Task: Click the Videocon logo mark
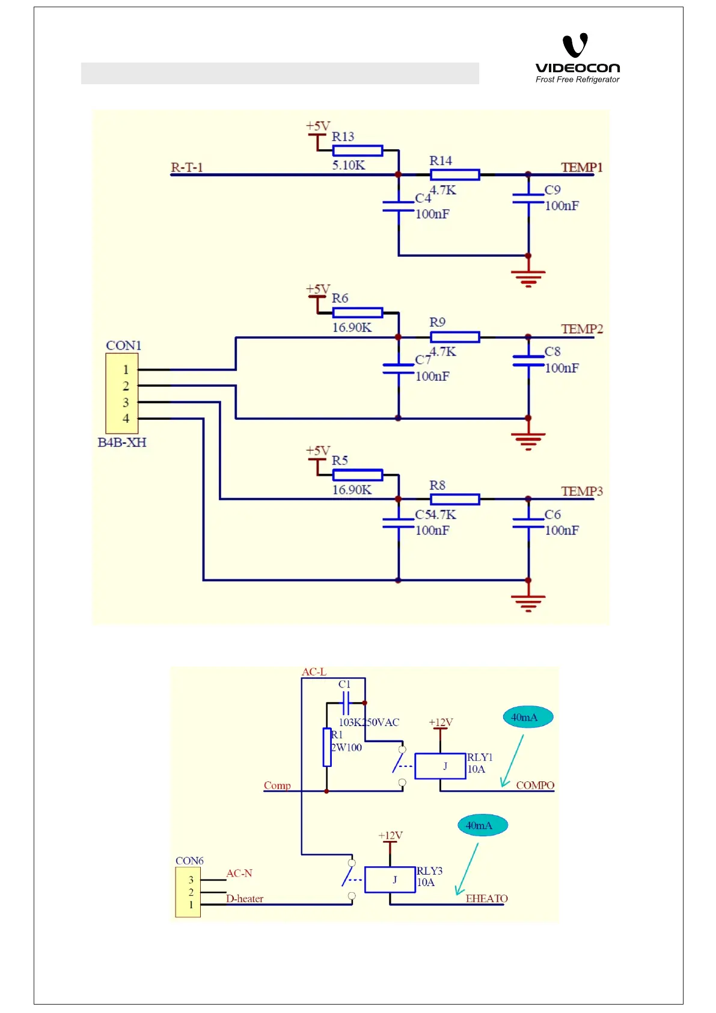(575, 46)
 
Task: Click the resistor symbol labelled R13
(357, 150)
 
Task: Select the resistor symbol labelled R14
(454, 175)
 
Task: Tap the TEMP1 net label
(581, 167)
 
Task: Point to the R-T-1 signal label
(186, 167)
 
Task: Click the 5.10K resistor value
(348, 165)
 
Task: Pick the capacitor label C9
(552, 190)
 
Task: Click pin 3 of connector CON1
(126, 402)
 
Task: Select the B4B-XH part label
(122, 443)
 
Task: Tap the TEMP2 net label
(581, 329)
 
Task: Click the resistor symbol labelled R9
(454, 337)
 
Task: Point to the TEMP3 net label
(581, 491)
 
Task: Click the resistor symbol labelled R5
(357, 475)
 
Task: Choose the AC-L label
(314, 672)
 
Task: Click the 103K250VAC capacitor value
(369, 722)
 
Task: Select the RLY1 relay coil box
(440, 766)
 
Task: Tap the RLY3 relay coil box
(390, 879)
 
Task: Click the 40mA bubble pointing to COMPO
(527, 717)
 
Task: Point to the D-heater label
(245, 899)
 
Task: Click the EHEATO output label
(486, 899)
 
